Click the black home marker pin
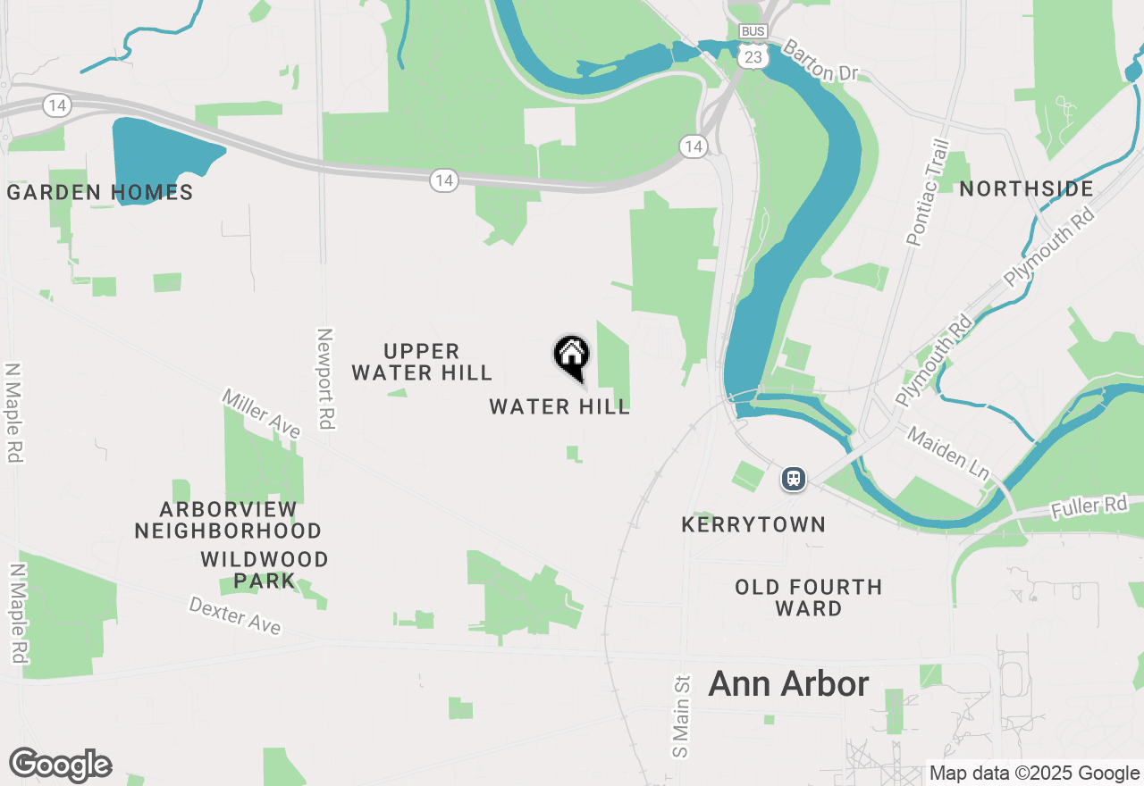pyautogui.click(x=572, y=356)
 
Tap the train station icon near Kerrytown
pyautogui.click(x=794, y=479)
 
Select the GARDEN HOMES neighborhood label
pyautogui.click(x=100, y=192)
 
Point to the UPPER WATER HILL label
pyautogui.click(x=422, y=362)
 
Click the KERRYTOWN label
pyautogui.click(x=753, y=524)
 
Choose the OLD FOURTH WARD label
pyautogui.click(x=809, y=598)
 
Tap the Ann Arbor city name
pyautogui.click(x=788, y=684)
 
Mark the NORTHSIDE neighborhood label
pyautogui.click(x=1027, y=189)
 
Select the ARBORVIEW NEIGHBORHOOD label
pyautogui.click(x=228, y=520)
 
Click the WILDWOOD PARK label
pyautogui.click(x=265, y=570)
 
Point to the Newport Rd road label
pyautogui.click(x=324, y=379)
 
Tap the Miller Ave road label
pyautogui.click(x=261, y=414)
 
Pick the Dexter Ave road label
pyautogui.click(x=235, y=616)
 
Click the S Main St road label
pyautogui.click(x=682, y=716)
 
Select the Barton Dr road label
pyautogui.click(x=820, y=62)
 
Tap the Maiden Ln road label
pyautogui.click(x=949, y=450)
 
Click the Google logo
pyautogui.click(x=61, y=765)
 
